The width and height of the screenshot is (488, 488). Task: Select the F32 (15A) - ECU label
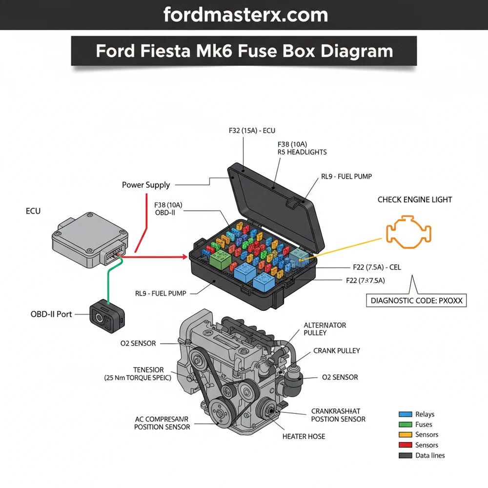(252, 131)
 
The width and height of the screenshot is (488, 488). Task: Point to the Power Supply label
(146, 185)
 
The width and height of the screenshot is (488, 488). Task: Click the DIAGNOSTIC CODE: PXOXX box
(416, 301)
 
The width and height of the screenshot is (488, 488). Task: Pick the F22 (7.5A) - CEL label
(377, 267)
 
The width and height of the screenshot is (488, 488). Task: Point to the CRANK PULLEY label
(336, 351)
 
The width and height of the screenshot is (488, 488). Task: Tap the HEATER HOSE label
(304, 436)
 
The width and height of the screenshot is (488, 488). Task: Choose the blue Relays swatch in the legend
(405, 414)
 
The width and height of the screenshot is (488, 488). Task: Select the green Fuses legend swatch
(405, 425)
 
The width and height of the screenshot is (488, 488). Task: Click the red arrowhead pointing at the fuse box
(184, 256)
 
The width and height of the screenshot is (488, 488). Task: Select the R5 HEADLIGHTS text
(302, 152)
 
